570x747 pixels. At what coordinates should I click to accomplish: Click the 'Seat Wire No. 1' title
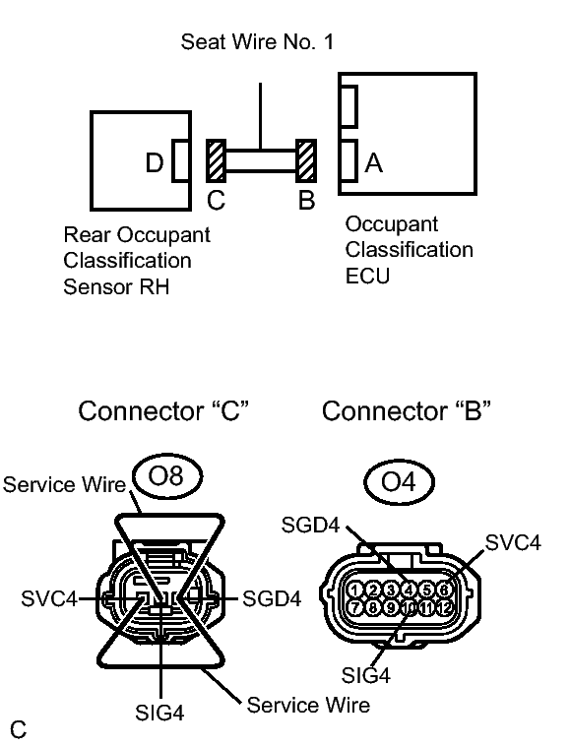pyautogui.click(x=257, y=42)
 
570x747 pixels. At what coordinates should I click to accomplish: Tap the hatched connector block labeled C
pyautogui.click(x=216, y=161)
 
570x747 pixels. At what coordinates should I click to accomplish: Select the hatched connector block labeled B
pyautogui.click(x=306, y=161)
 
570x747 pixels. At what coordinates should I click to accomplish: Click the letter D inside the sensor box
pyautogui.click(x=155, y=163)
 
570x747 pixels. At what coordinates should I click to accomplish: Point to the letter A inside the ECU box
pyautogui.click(x=374, y=163)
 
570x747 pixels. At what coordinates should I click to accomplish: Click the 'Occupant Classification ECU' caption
pyautogui.click(x=409, y=250)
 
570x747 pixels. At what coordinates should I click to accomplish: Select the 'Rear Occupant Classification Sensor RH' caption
pyautogui.click(x=137, y=261)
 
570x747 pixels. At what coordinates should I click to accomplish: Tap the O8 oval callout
pyautogui.click(x=166, y=475)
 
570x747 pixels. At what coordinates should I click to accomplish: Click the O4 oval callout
pyautogui.click(x=399, y=482)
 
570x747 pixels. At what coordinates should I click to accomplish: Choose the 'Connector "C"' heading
pyautogui.click(x=163, y=410)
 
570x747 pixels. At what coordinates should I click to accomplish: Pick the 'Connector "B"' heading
pyautogui.click(x=406, y=410)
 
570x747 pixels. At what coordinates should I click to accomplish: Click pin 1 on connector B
pyautogui.click(x=354, y=590)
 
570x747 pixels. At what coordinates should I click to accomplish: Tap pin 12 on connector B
pyautogui.click(x=444, y=607)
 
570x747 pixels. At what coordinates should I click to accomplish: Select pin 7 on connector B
pyautogui.click(x=354, y=607)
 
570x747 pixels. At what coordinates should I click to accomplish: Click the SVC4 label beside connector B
pyautogui.click(x=513, y=542)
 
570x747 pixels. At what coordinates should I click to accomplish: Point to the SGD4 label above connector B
pyautogui.click(x=310, y=525)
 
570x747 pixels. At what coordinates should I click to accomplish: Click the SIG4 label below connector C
pyautogui.click(x=159, y=713)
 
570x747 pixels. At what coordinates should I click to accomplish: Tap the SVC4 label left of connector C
pyautogui.click(x=49, y=598)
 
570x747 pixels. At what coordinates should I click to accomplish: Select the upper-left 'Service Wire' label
pyautogui.click(x=64, y=484)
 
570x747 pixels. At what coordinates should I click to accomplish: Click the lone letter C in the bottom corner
pyautogui.click(x=19, y=729)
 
